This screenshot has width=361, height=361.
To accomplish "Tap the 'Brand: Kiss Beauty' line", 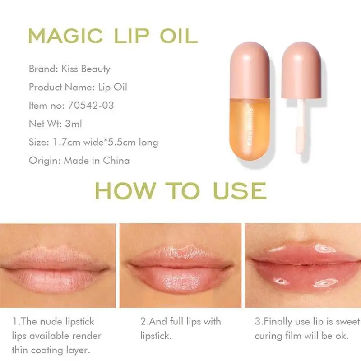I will pos(69,69).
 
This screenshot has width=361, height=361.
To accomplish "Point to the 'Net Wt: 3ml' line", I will pos(55,124).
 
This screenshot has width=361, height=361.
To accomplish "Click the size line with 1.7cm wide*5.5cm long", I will pos(93,142).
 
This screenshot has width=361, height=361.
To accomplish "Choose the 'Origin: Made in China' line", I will pos(79,161).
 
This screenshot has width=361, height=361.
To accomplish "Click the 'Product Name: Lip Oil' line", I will pos(78,87).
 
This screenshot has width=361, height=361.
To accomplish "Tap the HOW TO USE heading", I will pos(180,190).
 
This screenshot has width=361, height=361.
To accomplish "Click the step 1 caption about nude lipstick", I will pos(56,336).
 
